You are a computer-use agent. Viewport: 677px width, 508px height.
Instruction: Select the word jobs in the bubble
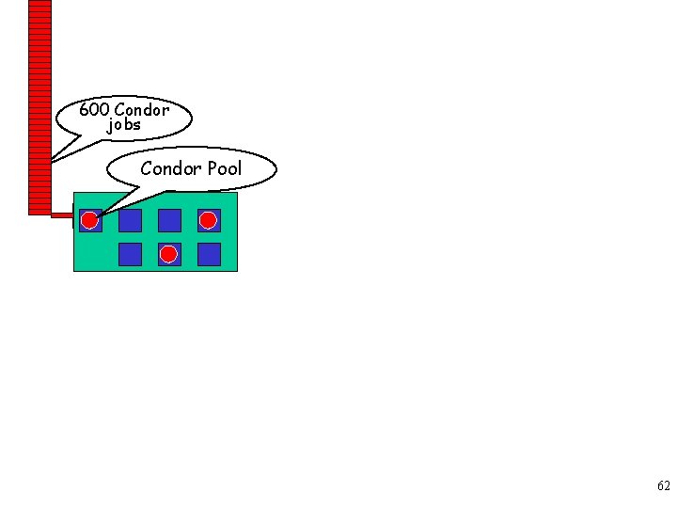(x=124, y=124)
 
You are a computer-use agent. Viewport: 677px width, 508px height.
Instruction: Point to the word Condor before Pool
(x=171, y=168)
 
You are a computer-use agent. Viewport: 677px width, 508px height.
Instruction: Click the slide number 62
(x=664, y=486)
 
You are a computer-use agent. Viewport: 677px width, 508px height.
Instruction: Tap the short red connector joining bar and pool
(x=62, y=215)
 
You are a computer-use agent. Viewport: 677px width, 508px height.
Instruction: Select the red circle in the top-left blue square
(x=89, y=221)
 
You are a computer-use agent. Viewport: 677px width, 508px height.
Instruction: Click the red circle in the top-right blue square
(x=208, y=220)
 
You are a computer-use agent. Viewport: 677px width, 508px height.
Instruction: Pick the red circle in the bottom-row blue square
(x=168, y=254)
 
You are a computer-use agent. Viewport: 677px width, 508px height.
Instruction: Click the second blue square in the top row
(x=130, y=220)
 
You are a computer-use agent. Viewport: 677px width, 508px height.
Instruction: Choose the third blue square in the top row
(x=169, y=220)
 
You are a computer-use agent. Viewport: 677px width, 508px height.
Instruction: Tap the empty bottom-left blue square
(x=130, y=254)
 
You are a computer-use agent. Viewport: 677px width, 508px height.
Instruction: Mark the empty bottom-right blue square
(x=209, y=254)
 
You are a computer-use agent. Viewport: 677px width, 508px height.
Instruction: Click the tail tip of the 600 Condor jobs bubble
(x=51, y=161)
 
